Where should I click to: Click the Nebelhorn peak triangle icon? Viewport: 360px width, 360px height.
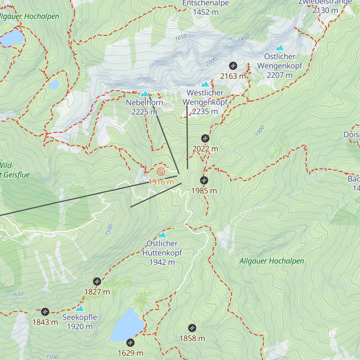(x=145, y=94)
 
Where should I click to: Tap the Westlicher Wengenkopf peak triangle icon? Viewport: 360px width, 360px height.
(x=205, y=84)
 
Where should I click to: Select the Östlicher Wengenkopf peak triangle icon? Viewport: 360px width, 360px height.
(x=280, y=48)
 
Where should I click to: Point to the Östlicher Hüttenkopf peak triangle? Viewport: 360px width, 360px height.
(x=162, y=235)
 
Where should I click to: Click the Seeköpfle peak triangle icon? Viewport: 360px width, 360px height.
(x=79, y=309)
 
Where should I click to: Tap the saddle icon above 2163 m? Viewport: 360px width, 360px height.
(x=233, y=66)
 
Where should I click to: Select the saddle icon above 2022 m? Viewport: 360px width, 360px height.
(x=205, y=139)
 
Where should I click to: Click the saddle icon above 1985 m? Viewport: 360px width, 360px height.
(x=204, y=180)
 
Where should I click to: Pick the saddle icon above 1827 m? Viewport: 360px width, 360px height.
(x=97, y=281)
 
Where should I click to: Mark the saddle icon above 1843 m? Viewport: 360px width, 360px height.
(x=45, y=312)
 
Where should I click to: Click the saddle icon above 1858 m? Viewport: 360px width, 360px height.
(x=192, y=328)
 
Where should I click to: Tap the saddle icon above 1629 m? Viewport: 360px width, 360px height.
(x=130, y=342)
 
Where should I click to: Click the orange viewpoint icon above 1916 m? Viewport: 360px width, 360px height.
(x=161, y=172)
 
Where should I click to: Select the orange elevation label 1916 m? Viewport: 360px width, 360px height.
(x=161, y=182)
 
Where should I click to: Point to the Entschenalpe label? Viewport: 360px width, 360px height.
(x=206, y=3)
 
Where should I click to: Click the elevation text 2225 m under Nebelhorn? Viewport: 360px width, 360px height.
(x=144, y=112)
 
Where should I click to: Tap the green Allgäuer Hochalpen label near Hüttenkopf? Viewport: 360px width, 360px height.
(x=271, y=261)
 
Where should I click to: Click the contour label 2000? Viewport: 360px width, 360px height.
(x=211, y=62)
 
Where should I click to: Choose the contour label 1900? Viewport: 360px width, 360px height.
(x=260, y=131)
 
